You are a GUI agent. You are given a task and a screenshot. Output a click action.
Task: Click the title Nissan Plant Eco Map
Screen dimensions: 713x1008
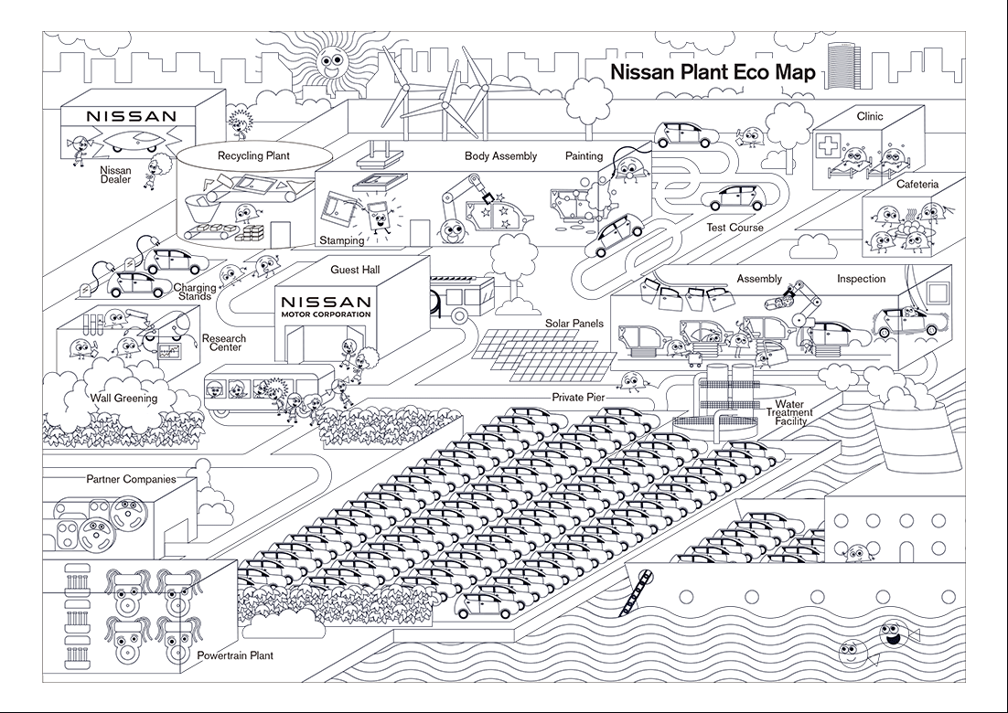(712, 73)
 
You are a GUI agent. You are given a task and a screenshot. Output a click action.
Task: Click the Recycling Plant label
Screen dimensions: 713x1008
(253, 155)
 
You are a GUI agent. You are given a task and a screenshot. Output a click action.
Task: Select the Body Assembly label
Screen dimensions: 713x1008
(500, 156)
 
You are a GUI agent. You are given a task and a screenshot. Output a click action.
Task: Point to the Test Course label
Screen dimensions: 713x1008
(735, 228)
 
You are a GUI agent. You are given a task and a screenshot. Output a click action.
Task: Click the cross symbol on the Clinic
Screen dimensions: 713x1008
(827, 147)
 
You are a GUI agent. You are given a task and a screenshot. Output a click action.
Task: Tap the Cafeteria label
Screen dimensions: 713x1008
(917, 184)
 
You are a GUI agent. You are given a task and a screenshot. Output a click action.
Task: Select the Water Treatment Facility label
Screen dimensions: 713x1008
(788, 412)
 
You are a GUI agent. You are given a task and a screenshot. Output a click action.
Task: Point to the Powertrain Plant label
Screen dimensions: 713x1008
(235, 655)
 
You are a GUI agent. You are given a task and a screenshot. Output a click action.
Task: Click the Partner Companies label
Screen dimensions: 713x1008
(131, 479)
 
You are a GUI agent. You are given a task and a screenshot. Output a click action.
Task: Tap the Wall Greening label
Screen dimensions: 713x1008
(123, 398)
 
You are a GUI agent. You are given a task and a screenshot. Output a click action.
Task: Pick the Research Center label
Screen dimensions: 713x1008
(223, 344)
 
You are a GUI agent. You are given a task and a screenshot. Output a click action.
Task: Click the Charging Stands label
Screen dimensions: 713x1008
(195, 292)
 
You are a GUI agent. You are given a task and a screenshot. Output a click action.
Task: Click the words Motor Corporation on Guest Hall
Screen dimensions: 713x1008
(327, 314)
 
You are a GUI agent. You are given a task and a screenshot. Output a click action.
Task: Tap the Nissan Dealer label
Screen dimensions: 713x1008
(116, 175)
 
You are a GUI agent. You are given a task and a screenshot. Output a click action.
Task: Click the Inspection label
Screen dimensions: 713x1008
(861, 279)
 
